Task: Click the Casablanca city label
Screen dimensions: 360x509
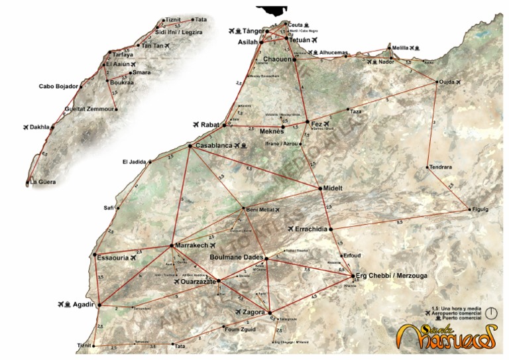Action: coord(213,145)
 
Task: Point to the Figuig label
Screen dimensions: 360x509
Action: coord(479,210)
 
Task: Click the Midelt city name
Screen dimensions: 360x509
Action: coord(333,188)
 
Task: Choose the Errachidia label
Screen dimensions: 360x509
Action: coord(311,228)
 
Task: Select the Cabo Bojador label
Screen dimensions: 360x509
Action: coord(58,86)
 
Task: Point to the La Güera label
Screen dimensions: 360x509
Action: coord(43,182)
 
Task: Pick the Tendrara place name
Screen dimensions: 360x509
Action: coord(440,167)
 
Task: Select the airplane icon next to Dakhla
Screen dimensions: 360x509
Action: coord(27,127)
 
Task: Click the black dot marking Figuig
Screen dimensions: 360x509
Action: coord(468,209)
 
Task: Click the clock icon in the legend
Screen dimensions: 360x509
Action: coord(491,311)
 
